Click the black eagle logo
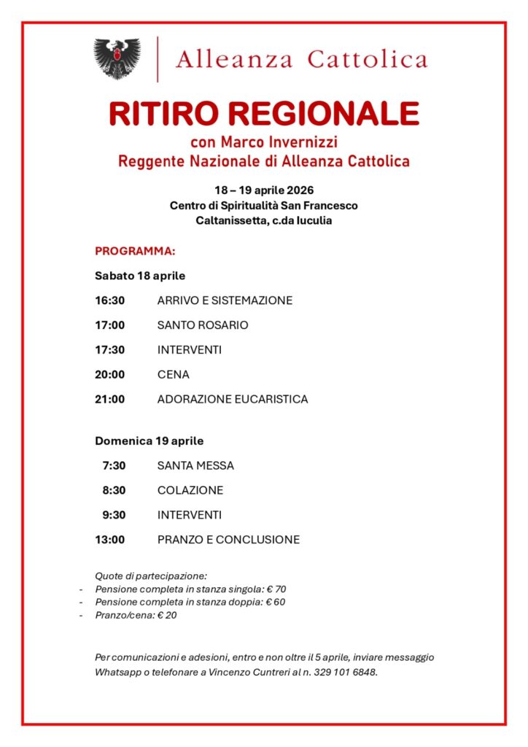117,58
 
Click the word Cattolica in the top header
367,59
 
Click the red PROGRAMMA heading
135,252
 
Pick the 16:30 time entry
109,301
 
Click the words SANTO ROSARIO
202,325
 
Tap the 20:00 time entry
109,375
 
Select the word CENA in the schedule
173,375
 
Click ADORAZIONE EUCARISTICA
232,400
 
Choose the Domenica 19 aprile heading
149,441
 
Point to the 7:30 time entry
114,466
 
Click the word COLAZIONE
190,491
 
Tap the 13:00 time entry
109,541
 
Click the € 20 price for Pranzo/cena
167,615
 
